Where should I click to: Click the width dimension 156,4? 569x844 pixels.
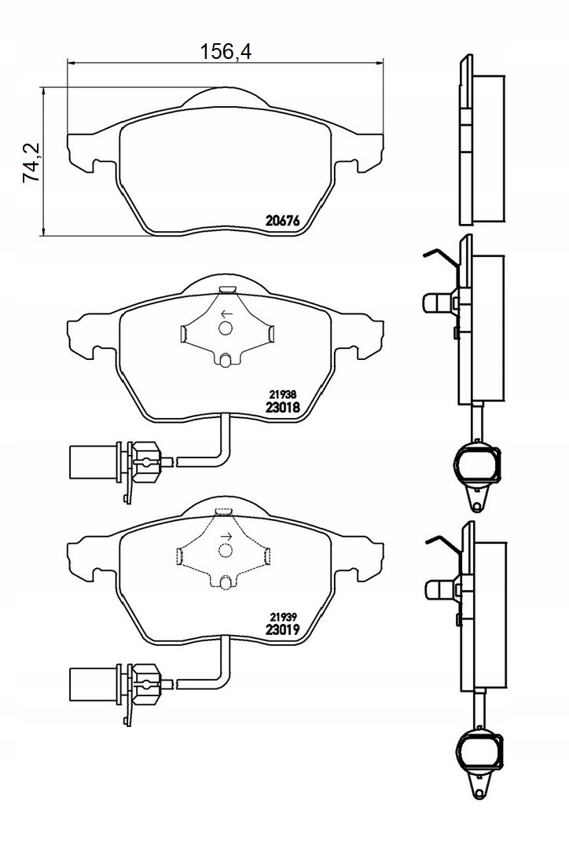click(226, 52)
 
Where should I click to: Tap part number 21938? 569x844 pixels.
click(282, 394)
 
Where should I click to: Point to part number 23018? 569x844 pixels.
click(283, 407)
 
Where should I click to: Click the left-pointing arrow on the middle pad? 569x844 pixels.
click(226, 314)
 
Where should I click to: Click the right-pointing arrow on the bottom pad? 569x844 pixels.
click(226, 536)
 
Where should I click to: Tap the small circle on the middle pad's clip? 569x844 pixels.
click(225, 328)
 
